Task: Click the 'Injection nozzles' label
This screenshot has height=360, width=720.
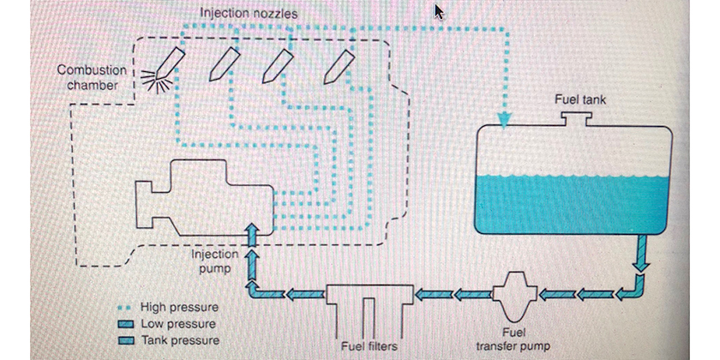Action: (x=249, y=14)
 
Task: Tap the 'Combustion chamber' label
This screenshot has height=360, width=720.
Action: (x=92, y=77)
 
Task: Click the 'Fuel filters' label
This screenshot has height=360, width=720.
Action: (x=369, y=345)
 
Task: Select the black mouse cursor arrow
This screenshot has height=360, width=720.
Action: (x=439, y=11)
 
